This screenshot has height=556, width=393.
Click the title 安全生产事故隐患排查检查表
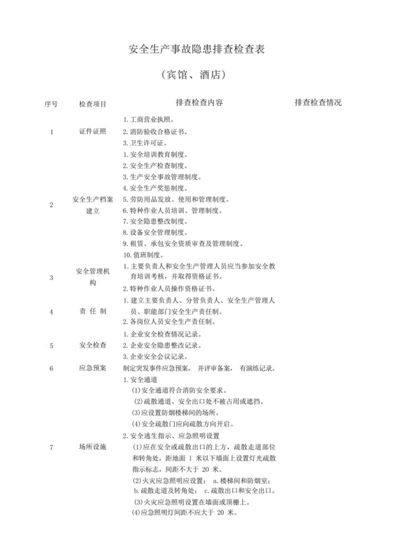click(197, 51)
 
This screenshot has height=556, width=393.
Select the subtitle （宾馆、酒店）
click(196, 74)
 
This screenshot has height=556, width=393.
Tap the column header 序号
click(50, 102)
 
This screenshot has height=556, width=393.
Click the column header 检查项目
click(93, 102)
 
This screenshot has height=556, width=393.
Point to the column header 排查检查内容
click(199, 102)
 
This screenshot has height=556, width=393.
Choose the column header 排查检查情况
click(318, 102)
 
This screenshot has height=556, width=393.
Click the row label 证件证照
click(93, 131)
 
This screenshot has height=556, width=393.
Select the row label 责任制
click(93, 310)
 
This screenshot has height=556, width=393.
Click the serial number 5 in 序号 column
click(51, 345)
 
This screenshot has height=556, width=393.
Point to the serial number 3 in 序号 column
click(51, 277)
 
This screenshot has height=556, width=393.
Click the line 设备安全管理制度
click(154, 232)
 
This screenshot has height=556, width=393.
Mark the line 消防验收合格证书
click(154, 131)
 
